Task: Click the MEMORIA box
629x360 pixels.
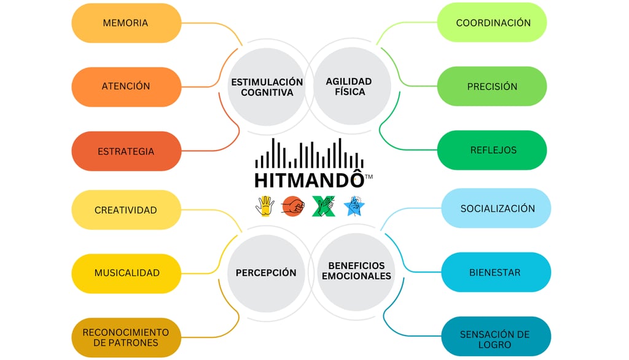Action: pyautogui.click(x=125, y=23)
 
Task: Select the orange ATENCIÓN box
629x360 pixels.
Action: pyautogui.click(x=125, y=87)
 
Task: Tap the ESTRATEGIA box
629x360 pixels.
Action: pyautogui.click(x=125, y=151)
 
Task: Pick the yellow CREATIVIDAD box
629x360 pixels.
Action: pyautogui.click(x=125, y=210)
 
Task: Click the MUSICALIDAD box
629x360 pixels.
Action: pyautogui.click(x=127, y=273)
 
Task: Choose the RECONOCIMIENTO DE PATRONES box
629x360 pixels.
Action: pyautogui.click(x=125, y=337)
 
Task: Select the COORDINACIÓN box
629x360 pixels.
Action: pyautogui.click(x=493, y=23)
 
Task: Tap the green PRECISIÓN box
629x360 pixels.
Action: pyautogui.click(x=492, y=87)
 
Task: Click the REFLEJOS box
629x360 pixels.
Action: pyautogui.click(x=493, y=151)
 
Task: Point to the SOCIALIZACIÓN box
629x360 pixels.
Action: pyautogui.click(x=497, y=209)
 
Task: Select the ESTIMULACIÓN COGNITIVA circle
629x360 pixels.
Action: pyautogui.click(x=267, y=87)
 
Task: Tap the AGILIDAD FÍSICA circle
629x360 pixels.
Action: pyautogui.click(x=348, y=87)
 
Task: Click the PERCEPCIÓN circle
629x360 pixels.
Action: pyautogui.click(x=266, y=273)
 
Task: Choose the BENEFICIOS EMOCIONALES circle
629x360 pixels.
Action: pyautogui.click(x=356, y=271)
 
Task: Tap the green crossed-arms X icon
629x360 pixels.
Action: pyautogui.click(x=322, y=206)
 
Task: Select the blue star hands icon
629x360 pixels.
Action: pyautogui.click(x=353, y=206)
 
